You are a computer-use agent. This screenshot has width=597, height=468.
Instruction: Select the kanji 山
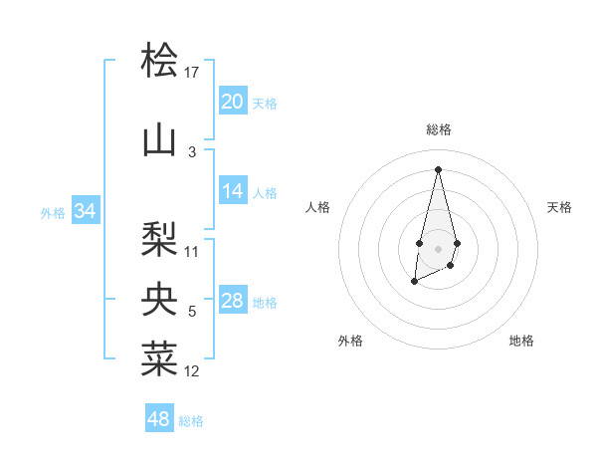(x=159, y=140)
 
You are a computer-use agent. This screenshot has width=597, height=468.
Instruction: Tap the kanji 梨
(x=159, y=238)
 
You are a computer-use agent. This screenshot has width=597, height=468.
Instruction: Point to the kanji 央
(x=159, y=299)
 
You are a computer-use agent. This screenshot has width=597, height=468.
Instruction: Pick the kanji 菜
(x=159, y=358)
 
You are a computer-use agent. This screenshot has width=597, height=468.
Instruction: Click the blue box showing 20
(x=233, y=102)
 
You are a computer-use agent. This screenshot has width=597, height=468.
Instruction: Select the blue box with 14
(x=233, y=191)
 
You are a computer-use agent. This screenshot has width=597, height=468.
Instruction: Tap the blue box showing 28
(x=233, y=301)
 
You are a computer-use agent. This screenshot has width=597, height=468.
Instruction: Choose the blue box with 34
(x=85, y=211)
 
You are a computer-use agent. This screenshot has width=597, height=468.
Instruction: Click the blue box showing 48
(x=159, y=419)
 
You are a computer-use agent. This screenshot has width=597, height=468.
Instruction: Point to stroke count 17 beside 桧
(x=192, y=72)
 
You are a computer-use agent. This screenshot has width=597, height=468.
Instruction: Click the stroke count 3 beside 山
(x=192, y=152)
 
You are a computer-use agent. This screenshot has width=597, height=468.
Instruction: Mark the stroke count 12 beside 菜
(x=192, y=371)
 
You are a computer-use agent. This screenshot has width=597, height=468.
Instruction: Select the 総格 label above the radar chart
(x=438, y=129)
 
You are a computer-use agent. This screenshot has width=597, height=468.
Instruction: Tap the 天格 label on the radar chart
(x=559, y=207)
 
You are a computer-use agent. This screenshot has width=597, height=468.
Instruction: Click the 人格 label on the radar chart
(x=317, y=207)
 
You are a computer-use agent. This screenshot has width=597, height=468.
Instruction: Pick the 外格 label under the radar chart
(x=350, y=341)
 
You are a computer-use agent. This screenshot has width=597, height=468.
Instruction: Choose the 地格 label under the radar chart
(x=521, y=341)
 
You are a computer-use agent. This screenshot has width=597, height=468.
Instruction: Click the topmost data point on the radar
(x=438, y=169)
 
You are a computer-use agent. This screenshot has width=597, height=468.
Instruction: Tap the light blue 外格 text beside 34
(x=53, y=212)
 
